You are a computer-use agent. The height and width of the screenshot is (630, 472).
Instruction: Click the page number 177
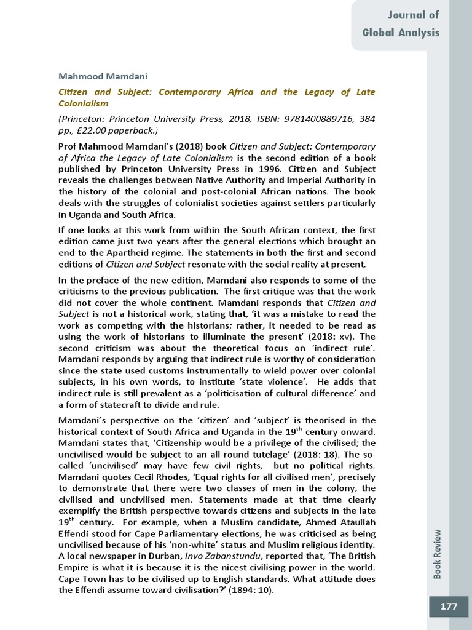tap(449, 607)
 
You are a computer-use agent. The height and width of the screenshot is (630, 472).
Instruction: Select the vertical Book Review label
tap(437, 554)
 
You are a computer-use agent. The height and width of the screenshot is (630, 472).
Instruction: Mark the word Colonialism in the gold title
tap(83, 103)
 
